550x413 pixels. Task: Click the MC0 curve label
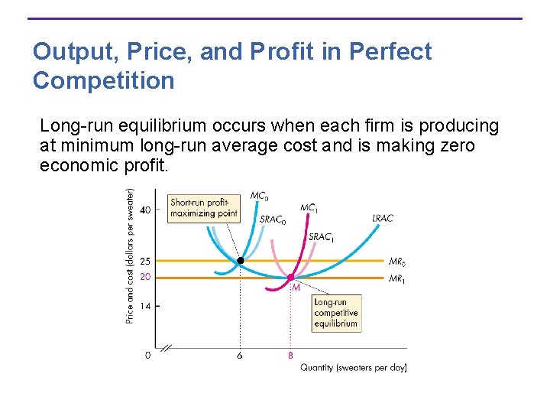(x=259, y=197)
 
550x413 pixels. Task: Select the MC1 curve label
(x=309, y=208)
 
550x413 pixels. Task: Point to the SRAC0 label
(x=273, y=220)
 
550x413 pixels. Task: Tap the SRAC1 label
(x=322, y=237)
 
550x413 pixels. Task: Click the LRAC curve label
(x=383, y=219)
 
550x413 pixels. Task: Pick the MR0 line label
(x=397, y=262)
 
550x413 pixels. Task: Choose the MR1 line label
(x=397, y=278)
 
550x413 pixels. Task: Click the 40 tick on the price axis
(x=145, y=209)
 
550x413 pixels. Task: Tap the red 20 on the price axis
(x=145, y=277)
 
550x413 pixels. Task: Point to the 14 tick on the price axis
(x=145, y=306)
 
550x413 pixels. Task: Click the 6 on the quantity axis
(x=240, y=356)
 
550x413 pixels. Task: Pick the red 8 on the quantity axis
(x=290, y=356)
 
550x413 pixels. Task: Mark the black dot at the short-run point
(x=240, y=261)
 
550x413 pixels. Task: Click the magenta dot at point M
(x=290, y=278)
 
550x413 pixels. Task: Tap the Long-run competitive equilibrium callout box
(x=335, y=313)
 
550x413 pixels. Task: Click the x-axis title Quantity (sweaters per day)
(x=353, y=368)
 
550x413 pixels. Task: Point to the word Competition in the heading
(x=104, y=80)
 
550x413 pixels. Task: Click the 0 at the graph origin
(x=147, y=355)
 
